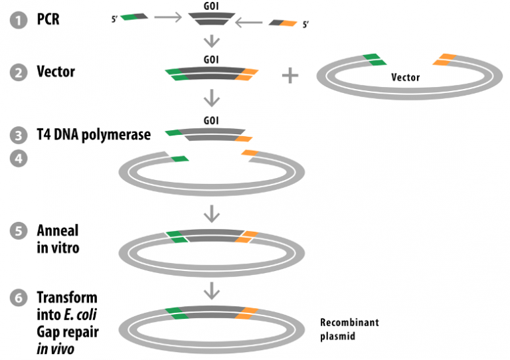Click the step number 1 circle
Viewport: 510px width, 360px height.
18,20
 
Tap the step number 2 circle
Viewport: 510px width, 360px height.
18,72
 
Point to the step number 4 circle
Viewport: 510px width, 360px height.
18,160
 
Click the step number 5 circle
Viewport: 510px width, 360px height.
18,231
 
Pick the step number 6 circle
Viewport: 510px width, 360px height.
18,298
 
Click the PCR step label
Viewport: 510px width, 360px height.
48,19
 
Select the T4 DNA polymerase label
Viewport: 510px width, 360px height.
93,135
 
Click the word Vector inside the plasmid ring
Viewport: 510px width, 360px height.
405,78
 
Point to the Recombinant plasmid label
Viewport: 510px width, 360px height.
349,329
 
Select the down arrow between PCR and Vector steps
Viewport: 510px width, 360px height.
211,41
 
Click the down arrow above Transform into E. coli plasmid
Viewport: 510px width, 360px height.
211,290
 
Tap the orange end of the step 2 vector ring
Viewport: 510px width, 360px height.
444,60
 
